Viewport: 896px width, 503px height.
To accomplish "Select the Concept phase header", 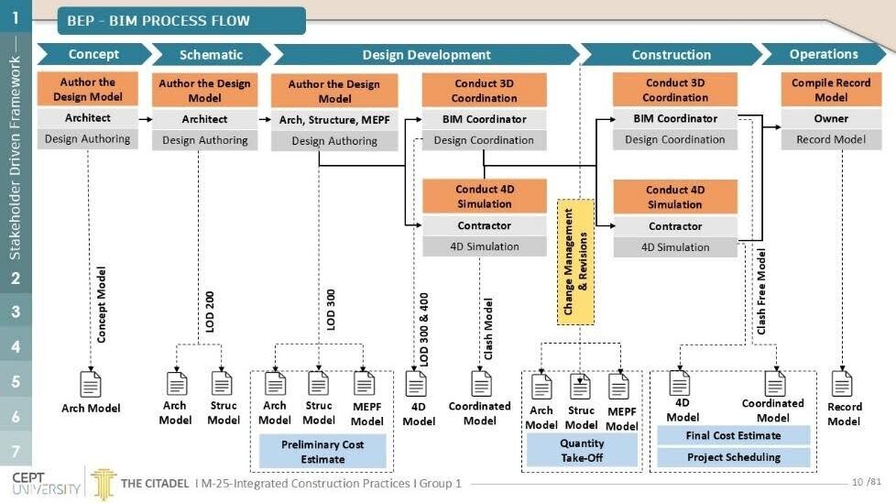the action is click(93, 54).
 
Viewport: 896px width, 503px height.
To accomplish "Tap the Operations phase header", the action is click(824, 54).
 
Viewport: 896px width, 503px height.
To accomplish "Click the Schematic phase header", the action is click(211, 55).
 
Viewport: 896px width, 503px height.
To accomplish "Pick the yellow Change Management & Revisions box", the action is click(575, 262).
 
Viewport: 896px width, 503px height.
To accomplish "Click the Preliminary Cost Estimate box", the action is click(322, 452).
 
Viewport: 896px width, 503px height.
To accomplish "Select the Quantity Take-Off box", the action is click(582, 451).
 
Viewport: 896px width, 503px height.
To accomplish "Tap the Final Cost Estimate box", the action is click(733, 435).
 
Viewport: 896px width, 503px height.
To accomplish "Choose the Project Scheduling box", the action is click(733, 457).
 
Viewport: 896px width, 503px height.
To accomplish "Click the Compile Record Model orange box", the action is click(831, 90).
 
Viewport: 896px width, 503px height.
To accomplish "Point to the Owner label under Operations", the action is click(831, 118).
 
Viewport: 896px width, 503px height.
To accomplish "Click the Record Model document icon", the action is click(842, 383).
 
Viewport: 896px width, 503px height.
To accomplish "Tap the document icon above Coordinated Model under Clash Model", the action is click(481, 384).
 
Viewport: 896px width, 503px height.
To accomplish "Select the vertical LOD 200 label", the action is click(210, 312).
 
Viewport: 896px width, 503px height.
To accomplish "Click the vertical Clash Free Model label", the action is click(761, 291).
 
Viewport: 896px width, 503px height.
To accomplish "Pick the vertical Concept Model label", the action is click(101, 305).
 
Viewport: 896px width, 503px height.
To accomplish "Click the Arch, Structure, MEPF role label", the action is click(334, 120).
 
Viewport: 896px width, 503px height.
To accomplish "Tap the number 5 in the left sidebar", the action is click(16, 382).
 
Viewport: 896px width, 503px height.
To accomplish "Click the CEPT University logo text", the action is click(46, 484).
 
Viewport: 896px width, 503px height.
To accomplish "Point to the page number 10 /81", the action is click(867, 482).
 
